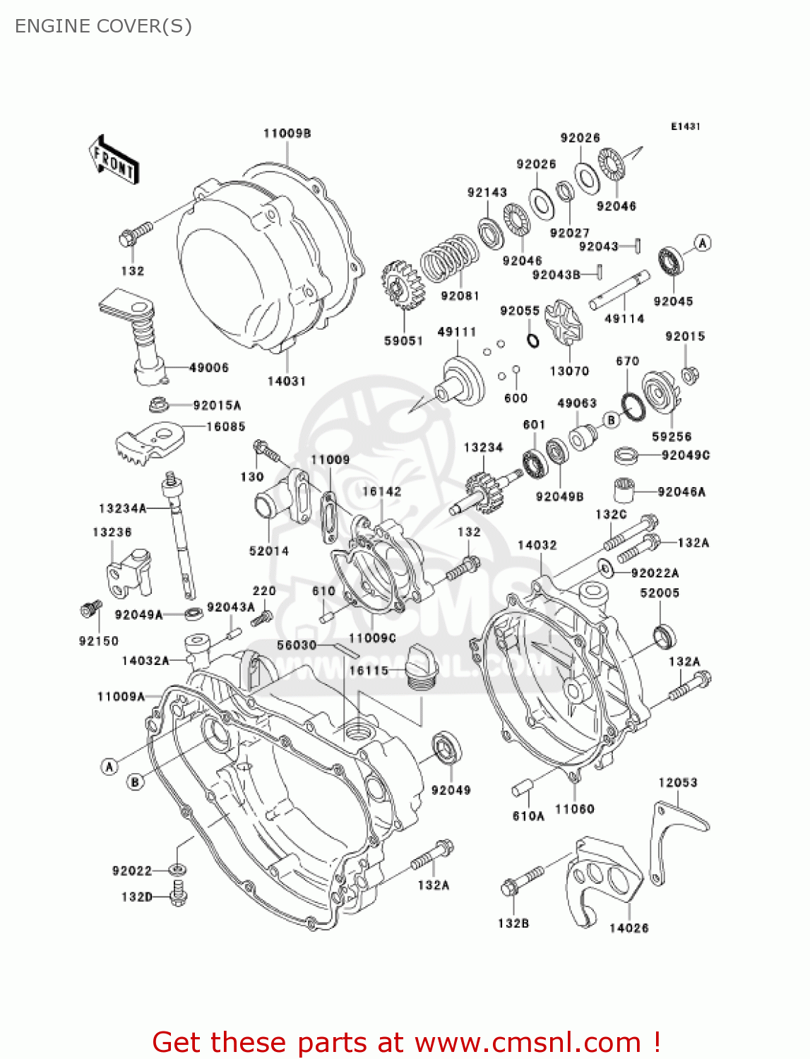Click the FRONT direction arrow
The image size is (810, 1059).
(114, 160)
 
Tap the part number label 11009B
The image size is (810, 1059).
(287, 133)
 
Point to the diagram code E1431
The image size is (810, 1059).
(685, 126)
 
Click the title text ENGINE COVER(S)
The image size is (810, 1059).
(103, 26)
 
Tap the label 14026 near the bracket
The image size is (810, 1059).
(629, 928)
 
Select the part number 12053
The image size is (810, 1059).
(677, 782)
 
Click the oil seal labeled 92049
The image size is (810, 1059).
(446, 748)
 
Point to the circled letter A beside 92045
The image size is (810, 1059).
(702, 244)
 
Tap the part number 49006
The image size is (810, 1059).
(208, 367)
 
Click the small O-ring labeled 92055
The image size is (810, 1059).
(533, 341)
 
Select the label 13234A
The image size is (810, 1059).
(122, 508)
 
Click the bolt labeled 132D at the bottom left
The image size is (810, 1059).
(179, 895)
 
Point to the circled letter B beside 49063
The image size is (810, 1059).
(611, 420)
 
